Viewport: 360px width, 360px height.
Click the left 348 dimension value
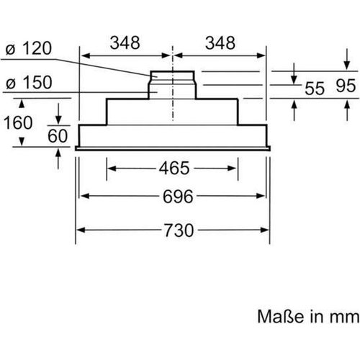tap(125, 43)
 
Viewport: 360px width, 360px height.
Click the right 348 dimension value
tap(220, 43)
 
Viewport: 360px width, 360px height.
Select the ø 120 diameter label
tap(29, 48)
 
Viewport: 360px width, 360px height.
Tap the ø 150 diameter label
tap(29, 83)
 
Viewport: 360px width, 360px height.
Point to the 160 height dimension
tap(18, 122)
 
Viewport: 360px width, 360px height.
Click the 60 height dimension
tap(58, 136)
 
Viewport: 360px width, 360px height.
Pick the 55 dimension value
tap(315, 88)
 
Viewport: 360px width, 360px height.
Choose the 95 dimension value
tap(346, 86)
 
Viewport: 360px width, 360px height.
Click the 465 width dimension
tap(174, 168)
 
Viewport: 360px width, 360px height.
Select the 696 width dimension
tap(178, 197)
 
